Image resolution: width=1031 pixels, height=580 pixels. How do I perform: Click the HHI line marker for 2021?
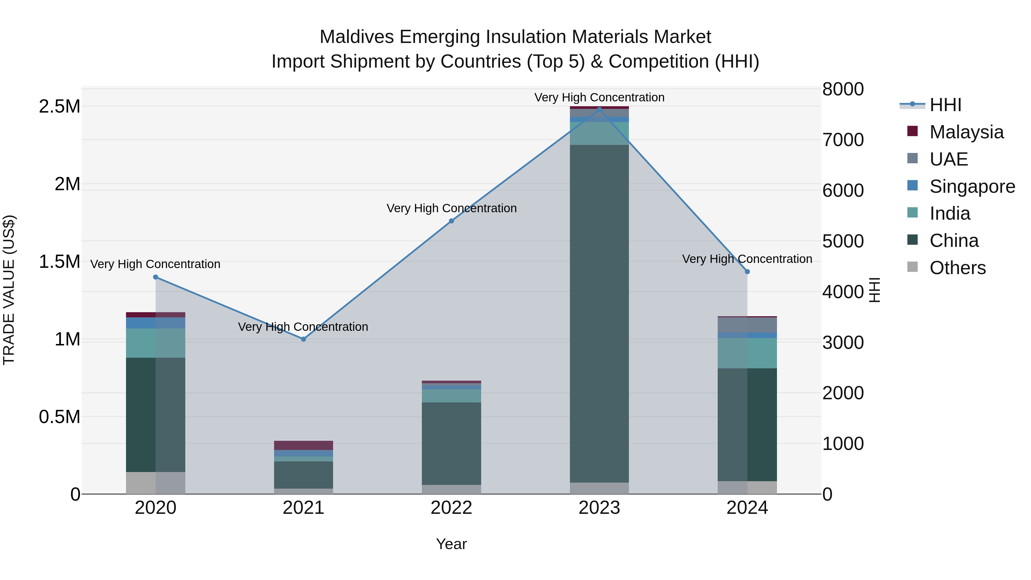coord(303,339)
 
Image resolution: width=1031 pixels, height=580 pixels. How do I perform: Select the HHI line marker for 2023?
coord(599,109)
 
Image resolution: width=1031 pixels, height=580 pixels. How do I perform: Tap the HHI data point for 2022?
coord(451,221)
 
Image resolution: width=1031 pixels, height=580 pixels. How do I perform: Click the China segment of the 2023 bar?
coord(599,312)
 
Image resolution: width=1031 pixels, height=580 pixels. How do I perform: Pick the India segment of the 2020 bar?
coord(156,343)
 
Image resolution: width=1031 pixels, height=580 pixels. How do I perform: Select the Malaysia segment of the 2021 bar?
coord(303,445)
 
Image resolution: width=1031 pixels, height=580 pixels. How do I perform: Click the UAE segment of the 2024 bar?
coord(747,325)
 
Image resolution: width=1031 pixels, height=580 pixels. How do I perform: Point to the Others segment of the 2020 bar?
coord(156,483)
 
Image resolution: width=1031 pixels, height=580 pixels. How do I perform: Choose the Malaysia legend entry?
coord(966,132)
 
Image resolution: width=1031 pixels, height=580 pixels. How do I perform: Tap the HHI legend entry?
coord(945,105)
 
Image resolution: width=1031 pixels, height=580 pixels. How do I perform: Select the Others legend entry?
coord(957,268)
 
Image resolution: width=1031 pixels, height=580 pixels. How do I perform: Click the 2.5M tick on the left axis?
coord(60,107)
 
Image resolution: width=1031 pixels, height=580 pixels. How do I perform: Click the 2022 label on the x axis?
coord(451,508)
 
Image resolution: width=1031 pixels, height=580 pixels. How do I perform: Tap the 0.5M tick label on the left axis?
coord(60,417)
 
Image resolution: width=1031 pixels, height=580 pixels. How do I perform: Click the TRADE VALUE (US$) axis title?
coord(9,290)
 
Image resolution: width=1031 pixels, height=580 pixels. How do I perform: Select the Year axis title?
coord(451,544)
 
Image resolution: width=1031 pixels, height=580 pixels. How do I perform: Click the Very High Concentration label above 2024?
coord(747,259)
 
